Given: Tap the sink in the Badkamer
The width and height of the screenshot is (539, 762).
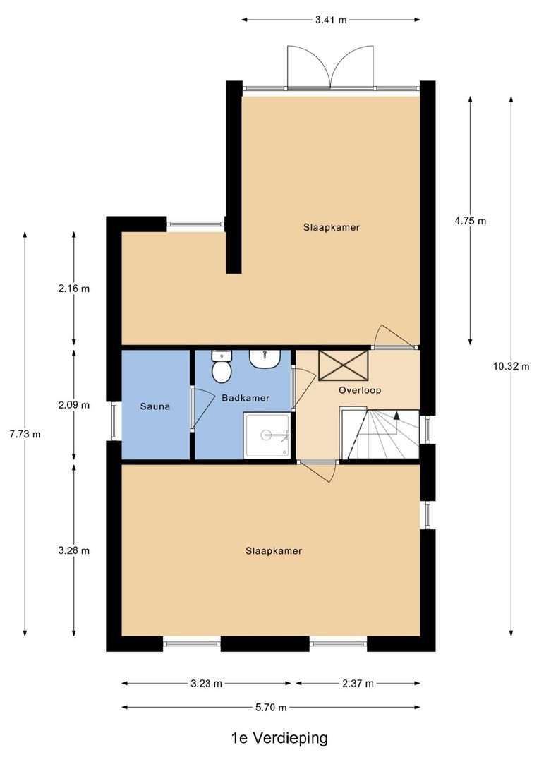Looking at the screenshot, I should coord(265,359).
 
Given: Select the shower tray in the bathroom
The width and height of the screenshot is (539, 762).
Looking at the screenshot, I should coord(267,435).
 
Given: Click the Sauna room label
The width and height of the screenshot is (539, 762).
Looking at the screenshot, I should coord(155,407).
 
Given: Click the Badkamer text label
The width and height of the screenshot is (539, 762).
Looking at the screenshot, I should coord(246,398).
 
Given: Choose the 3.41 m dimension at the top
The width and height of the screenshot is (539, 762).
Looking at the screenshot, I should coord(331,20).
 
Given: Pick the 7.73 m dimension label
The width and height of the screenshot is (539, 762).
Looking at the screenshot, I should coord(25,434).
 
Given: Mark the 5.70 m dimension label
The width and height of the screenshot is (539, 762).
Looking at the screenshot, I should coord(271,708).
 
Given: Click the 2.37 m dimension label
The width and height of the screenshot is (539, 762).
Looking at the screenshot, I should coord(358,683).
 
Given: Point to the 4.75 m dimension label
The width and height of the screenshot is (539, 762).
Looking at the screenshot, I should coord(470,220).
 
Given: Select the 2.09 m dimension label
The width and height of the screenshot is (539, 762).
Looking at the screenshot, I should coord(74,405).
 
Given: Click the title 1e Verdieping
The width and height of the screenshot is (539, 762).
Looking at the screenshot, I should coord(279,738).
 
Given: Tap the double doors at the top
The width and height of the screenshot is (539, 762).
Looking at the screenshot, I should coord(330,68).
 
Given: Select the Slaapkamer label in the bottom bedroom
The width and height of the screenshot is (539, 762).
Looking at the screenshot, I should coord(274,551).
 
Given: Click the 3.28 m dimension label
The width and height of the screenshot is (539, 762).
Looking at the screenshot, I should coord(74,550).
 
